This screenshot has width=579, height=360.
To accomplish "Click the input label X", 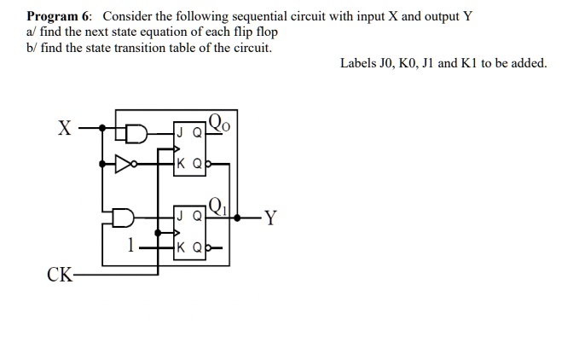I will click(x=64, y=129).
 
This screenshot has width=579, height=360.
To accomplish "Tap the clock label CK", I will click(x=60, y=275).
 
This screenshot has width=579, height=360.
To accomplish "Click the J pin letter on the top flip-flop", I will click(x=180, y=132).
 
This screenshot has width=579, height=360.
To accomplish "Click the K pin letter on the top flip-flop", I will click(x=180, y=163).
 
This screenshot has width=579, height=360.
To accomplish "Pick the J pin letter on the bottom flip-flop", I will click(x=180, y=216).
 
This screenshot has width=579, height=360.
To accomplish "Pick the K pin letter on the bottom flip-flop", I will click(x=180, y=247).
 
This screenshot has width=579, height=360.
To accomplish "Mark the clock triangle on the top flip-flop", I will click(x=176, y=148).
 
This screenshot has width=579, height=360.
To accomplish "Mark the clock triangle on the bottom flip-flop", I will click(x=176, y=231).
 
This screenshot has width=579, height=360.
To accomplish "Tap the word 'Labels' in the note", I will click(x=359, y=63).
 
